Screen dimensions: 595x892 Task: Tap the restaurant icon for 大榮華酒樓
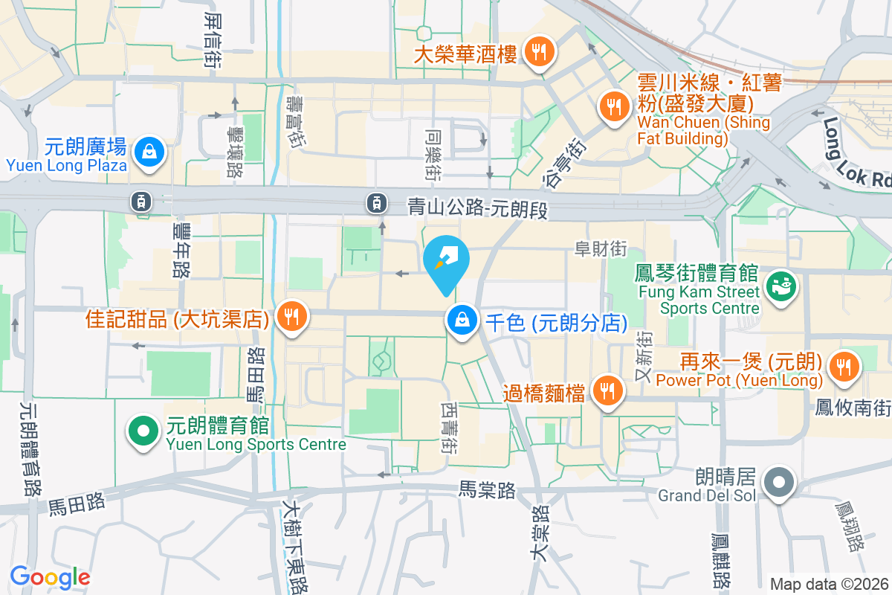(537, 51)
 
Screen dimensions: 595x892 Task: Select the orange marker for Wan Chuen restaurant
(613, 106)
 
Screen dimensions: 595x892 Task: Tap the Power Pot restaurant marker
(844, 366)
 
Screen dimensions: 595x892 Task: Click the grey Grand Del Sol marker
(778, 482)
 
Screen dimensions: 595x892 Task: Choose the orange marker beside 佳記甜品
(288, 318)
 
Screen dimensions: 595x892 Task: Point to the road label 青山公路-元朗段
(478, 208)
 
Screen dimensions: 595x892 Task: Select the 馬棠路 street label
(487, 490)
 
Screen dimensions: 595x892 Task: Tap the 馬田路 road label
(77, 506)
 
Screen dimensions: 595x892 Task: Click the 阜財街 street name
(601, 249)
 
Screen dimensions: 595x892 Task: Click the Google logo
(50, 576)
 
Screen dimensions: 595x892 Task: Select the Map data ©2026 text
(829, 584)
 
